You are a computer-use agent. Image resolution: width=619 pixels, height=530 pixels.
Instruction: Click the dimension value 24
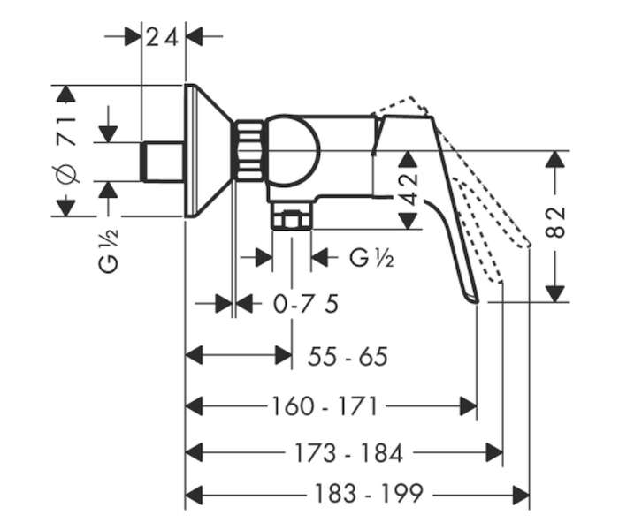pos(162,37)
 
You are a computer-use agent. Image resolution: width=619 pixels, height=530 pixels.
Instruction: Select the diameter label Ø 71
pos(66,150)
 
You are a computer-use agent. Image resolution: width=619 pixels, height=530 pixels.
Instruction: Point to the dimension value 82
pos(555,222)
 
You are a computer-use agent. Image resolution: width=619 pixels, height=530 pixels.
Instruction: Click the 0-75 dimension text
pos(306,304)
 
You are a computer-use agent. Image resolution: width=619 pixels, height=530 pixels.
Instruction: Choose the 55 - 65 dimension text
pos(348,357)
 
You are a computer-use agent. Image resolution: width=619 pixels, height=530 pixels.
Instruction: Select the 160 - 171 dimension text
pos(325,406)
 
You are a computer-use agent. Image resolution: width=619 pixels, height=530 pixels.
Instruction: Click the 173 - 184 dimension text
pos(349,452)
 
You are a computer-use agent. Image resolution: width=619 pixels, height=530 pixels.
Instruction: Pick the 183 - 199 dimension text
pos(369,493)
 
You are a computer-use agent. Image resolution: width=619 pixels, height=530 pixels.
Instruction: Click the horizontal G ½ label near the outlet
pos(371,258)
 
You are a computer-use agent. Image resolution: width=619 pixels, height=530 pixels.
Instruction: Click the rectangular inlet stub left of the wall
pos(163,162)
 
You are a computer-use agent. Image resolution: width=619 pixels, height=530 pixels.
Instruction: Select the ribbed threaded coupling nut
pos(248,150)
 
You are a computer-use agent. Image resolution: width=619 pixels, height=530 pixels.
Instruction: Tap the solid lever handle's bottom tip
pos(476,302)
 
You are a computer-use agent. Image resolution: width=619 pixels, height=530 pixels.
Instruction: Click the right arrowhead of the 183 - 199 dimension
pos(521,495)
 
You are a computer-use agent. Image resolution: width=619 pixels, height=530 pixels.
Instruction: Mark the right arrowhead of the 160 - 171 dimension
pos(469,406)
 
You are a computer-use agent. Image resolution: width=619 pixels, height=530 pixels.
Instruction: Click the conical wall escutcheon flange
pos(207,151)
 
